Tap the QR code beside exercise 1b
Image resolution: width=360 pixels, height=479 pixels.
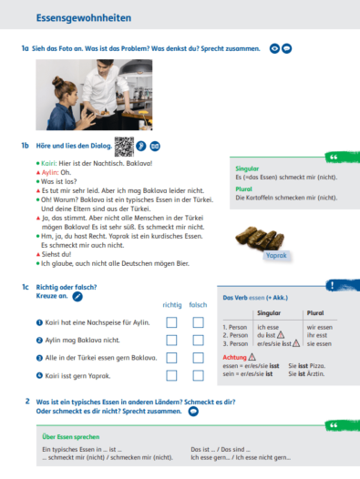(123, 147)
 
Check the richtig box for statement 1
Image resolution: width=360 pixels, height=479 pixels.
(171, 322)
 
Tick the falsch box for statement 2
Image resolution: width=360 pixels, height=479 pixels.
(198, 340)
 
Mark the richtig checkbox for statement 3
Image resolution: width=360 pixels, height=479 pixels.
(171, 358)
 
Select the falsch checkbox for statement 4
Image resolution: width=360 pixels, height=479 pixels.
(198, 375)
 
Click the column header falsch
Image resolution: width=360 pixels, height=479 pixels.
(198, 305)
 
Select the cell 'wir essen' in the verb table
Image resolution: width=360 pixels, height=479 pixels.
(319, 326)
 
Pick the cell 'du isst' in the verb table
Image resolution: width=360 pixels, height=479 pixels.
(267, 336)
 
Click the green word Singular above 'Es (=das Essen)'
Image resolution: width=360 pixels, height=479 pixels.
(247, 169)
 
